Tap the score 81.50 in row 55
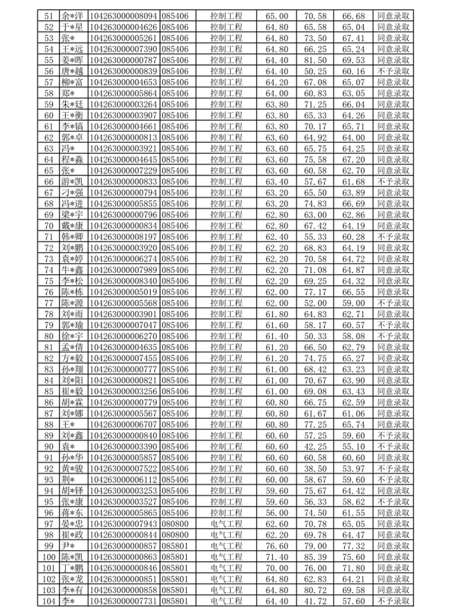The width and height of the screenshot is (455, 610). [315, 60]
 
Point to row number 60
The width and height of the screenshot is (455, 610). [49, 115]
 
